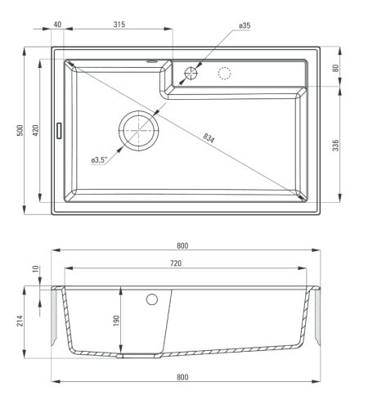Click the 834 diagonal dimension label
[209, 137]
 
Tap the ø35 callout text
[245, 25]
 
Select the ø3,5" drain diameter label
[99, 160]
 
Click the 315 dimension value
[119, 25]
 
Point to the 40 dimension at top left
[57, 25]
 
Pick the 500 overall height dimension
[20, 131]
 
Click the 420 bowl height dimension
[36, 131]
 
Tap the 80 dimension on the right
[336, 68]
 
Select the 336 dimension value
[336, 145]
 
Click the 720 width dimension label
[176, 263]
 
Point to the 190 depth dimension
[116, 321]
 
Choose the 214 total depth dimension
[20, 321]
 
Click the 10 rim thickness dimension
[36, 269]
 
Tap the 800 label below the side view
[182, 377]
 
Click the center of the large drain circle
[139, 131]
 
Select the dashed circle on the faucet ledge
[225, 73]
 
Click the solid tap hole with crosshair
[191, 73]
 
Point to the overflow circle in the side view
[152, 299]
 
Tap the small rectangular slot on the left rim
[59, 131]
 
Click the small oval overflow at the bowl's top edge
[151, 61]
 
